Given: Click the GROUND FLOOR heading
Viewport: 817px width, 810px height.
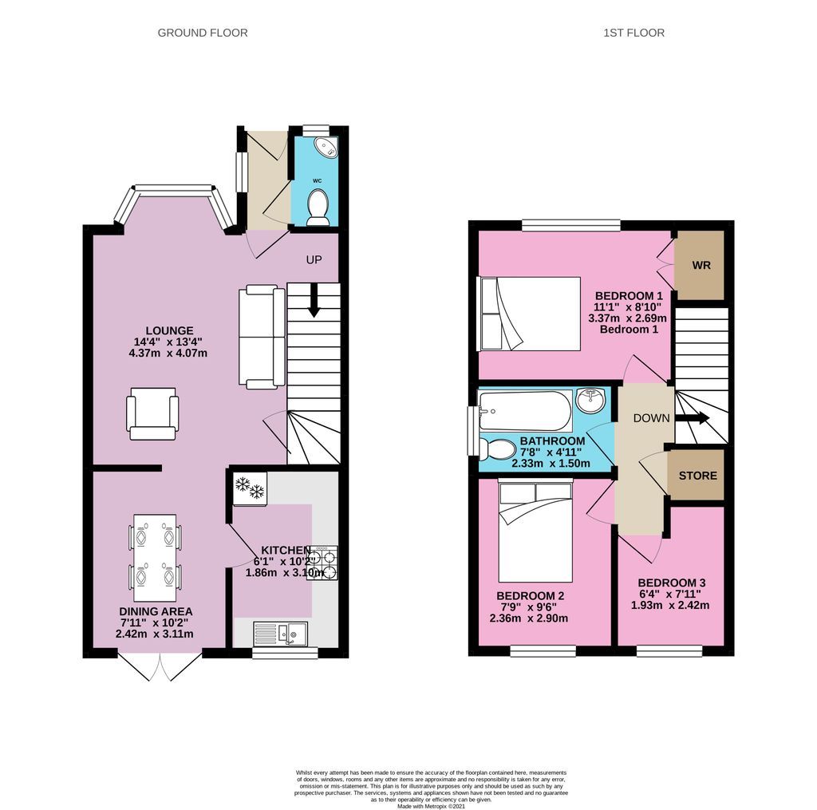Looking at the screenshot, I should pyautogui.click(x=203, y=33).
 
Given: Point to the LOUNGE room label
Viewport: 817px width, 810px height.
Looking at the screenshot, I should pyautogui.click(x=169, y=330).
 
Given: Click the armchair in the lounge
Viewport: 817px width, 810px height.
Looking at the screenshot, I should pyautogui.click(x=152, y=413).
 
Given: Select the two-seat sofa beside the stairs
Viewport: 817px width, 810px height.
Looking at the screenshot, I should pyautogui.click(x=261, y=338).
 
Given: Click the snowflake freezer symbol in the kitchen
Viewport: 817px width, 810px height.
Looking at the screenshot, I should pyautogui.click(x=250, y=488).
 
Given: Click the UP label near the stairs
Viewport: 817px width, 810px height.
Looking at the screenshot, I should pyautogui.click(x=315, y=260).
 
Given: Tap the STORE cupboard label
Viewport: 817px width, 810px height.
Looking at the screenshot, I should pyautogui.click(x=697, y=476).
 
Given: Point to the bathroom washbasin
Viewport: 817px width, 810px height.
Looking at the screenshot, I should pyautogui.click(x=591, y=399).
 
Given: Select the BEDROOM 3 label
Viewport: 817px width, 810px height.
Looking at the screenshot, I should pyautogui.click(x=671, y=583).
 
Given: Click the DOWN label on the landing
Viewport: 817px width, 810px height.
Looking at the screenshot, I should pyautogui.click(x=650, y=418).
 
